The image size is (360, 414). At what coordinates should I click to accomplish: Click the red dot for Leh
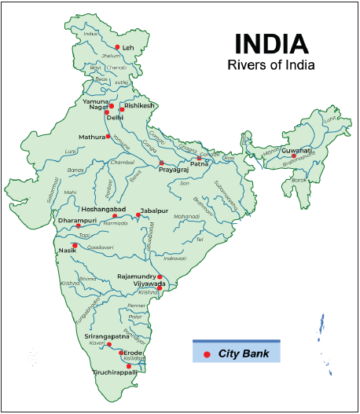coord(117,47)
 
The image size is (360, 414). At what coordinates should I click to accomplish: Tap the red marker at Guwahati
coord(294,156)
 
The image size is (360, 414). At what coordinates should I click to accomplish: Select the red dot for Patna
coord(199,159)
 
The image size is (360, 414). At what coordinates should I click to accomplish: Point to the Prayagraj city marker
coord(162,163)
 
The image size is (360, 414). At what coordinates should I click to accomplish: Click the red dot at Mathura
coord(108,137)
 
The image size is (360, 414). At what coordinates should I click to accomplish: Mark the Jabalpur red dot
coord(138,216)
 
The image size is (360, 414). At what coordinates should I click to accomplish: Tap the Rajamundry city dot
coord(160,277)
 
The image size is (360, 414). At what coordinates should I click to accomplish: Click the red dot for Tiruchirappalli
coord(129,365)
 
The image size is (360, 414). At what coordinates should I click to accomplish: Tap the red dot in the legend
coord(207,355)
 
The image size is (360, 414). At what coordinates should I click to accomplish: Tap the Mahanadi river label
coord(186,215)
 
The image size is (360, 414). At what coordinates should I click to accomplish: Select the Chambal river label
coord(122,163)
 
